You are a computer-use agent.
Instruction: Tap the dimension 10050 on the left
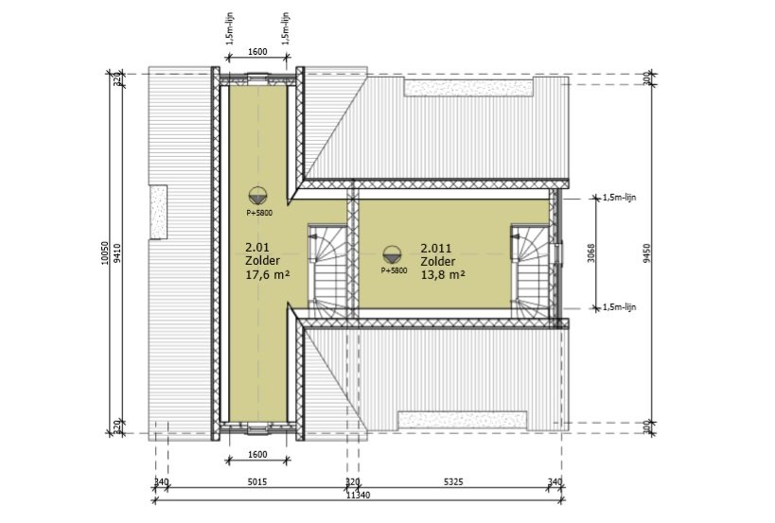pyautogui.click(x=106, y=253)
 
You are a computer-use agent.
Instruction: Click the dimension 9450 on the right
pyautogui.click(x=647, y=253)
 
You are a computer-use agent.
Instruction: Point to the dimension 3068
pyautogui.click(x=590, y=253)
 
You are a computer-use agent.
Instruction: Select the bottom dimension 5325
pyautogui.click(x=452, y=482)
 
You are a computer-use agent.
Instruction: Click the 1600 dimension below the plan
pyautogui.click(x=256, y=455)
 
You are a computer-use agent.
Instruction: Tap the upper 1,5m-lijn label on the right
pyautogui.click(x=623, y=198)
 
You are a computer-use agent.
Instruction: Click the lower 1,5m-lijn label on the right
pyautogui.click(x=623, y=306)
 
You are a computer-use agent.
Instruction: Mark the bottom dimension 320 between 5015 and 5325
pyautogui.click(x=352, y=482)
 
